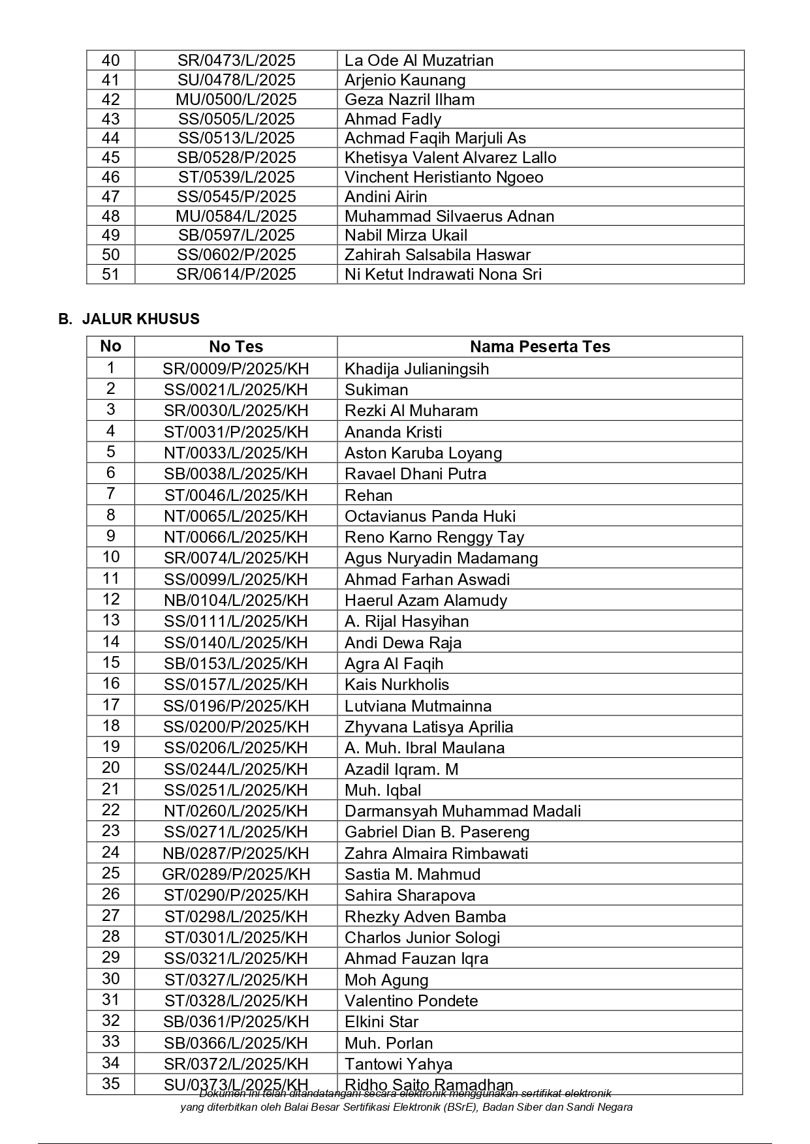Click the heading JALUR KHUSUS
tap(140, 319)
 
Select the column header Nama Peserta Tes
tap(540, 347)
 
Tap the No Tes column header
tap(236, 347)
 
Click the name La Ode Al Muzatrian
tap(419, 61)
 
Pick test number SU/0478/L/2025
tap(236, 80)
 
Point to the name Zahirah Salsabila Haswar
tap(437, 255)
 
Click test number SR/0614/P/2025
tap(236, 275)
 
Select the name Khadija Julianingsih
tap(416, 369)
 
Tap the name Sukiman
tap(376, 390)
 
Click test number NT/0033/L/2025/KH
tap(236, 453)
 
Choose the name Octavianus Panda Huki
tap(430, 517)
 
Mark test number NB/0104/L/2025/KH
tap(236, 601)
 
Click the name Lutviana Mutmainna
tap(418, 706)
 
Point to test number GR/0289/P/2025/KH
tap(236, 875)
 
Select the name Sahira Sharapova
tap(410, 896)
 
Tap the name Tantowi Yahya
tap(398, 1064)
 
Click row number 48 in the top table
tap(111, 217)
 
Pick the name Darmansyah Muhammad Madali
tap(463, 811)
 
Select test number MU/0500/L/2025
tap(236, 100)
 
